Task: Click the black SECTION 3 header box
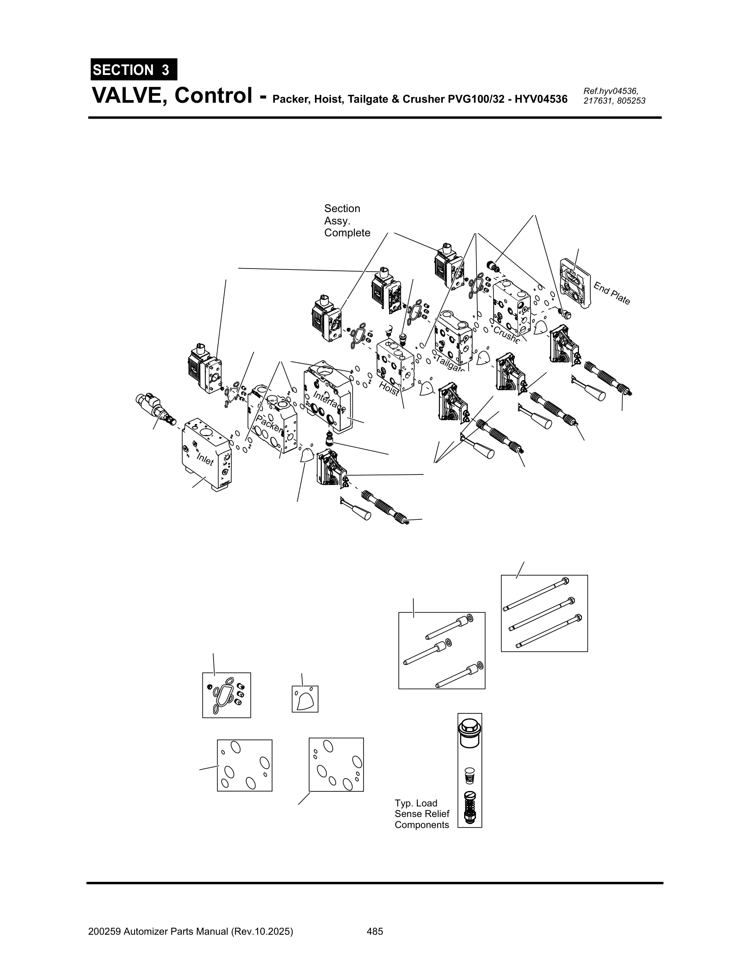[x=133, y=70]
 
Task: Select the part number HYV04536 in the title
[x=541, y=99]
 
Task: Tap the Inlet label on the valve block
[x=205, y=459]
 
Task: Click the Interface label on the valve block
[x=329, y=401]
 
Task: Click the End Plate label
[x=612, y=294]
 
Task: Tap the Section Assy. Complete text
[x=347, y=221]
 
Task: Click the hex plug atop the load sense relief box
[x=469, y=734]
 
